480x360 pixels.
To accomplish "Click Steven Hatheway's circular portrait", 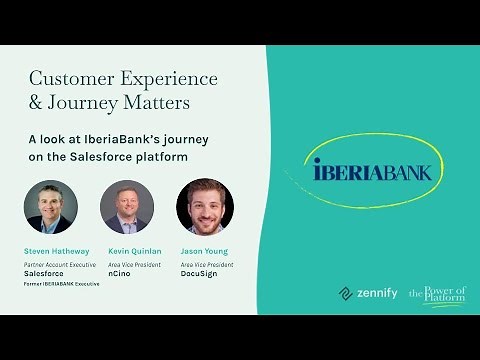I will [50, 206].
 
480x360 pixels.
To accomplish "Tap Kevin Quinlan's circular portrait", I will [127, 206].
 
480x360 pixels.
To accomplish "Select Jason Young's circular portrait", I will [204, 206].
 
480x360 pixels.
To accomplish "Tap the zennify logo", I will [368, 293].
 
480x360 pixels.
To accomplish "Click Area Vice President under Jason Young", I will [207, 263].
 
